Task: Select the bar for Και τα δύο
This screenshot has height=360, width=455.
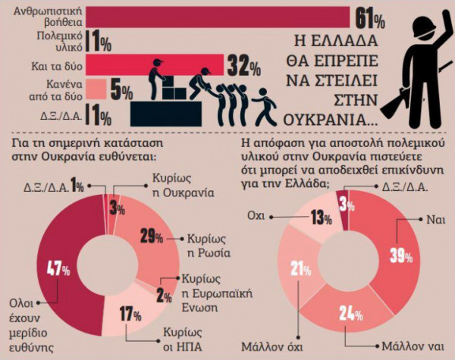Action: (152, 64)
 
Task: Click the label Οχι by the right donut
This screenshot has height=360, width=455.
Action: (258, 214)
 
